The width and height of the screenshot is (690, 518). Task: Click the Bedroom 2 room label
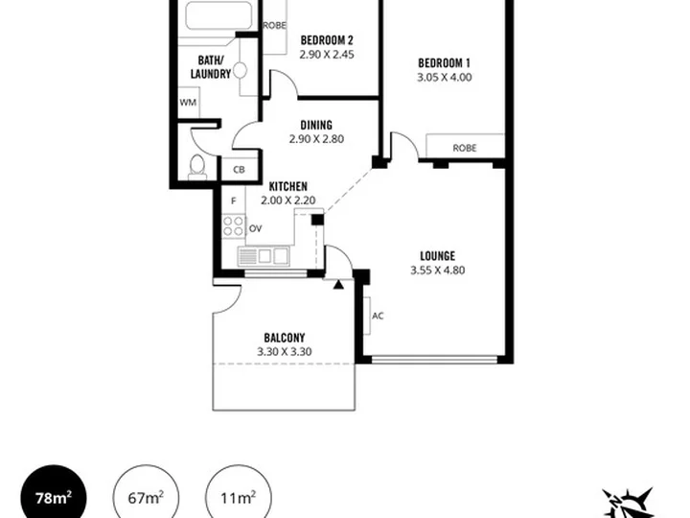327,40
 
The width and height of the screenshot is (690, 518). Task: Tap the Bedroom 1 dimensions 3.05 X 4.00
445,77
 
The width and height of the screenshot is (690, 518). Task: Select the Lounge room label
437,256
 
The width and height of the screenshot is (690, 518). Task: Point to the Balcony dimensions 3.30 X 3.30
285,351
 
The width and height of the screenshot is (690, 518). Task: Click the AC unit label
378,316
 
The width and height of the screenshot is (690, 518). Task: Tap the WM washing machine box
189,103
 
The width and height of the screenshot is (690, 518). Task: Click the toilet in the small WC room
197,167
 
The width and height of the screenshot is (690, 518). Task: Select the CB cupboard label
239,170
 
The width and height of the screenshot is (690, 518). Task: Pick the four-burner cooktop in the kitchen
234,225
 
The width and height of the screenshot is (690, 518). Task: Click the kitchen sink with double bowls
264,256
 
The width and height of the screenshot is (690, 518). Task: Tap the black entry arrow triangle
338,285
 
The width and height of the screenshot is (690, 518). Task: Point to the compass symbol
628,503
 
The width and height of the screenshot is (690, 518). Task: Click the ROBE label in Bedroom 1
465,148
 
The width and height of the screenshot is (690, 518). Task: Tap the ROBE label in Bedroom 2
275,26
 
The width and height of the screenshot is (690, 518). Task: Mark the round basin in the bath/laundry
241,70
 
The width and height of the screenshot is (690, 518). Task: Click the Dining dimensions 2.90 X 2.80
316,139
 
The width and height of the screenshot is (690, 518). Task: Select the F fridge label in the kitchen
234,200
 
